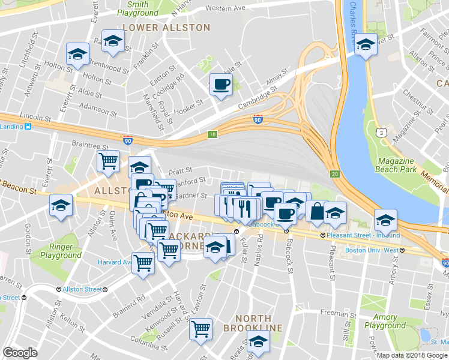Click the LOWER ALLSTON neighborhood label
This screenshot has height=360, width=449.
coord(166,28)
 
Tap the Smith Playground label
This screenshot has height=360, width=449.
coord(137,8)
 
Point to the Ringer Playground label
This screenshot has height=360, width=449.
coord(61,251)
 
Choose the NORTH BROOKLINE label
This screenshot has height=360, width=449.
coord(253,323)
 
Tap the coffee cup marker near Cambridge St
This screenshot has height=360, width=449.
coord(220,85)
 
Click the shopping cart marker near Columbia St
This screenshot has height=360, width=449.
coord(200,328)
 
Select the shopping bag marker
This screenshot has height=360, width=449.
coord(316,211)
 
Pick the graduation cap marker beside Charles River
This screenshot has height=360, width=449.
coord(365,44)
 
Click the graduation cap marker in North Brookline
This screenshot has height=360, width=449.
coord(259,341)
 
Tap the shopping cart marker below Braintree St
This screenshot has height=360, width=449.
coord(108,161)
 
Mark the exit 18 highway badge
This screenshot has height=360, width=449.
coord(211,134)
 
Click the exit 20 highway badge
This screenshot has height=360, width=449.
coord(335,174)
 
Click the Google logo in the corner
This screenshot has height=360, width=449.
coord(20,353)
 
